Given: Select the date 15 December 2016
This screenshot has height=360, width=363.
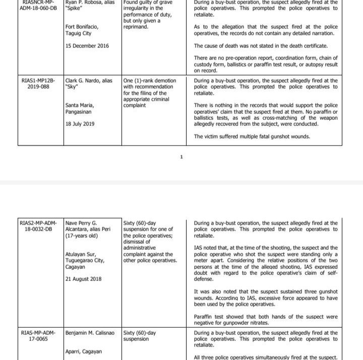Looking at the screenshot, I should tap(87, 46).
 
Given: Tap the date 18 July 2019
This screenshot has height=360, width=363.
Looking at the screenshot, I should tap(80, 124).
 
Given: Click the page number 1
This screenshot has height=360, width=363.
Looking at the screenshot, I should tap(181, 157).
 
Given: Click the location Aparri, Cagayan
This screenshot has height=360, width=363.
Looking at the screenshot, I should tap(84, 351).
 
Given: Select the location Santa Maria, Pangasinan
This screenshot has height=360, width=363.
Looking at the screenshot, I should tap(81, 108).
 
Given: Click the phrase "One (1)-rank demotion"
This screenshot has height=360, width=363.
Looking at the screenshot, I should tap(150, 81).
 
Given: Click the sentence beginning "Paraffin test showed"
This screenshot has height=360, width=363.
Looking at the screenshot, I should tap(266, 319).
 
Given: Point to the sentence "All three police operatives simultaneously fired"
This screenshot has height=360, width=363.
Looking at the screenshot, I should tap(266, 357).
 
